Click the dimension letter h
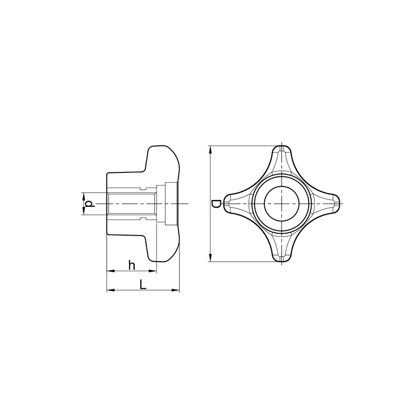tap(132, 265)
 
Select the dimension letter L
tap(142, 284)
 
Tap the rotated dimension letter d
tap(89, 203)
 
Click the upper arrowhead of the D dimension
tap(210, 149)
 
